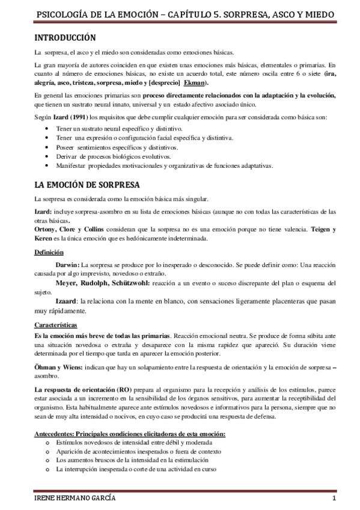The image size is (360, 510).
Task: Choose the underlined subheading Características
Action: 56,325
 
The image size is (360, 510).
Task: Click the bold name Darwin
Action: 67,265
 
